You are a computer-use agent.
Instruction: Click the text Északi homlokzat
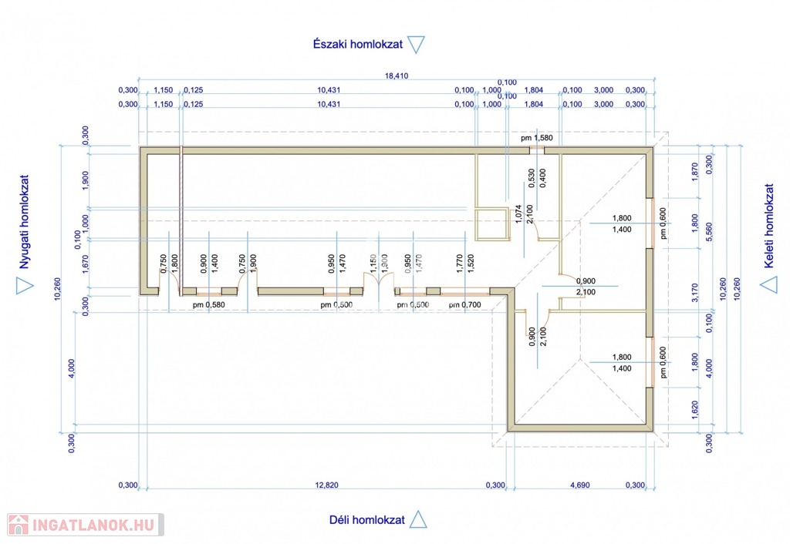pos(358,45)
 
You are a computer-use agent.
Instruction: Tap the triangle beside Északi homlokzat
pos(416,45)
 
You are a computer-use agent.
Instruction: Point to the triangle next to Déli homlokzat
pos(418,519)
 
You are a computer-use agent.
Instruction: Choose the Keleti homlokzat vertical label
pos(768,221)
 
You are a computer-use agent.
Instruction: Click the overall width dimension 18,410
pos(395,76)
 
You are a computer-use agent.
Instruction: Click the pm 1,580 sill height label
pos(537,138)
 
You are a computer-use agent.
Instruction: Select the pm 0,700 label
pos(464,305)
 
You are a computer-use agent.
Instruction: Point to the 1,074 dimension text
pos(518,213)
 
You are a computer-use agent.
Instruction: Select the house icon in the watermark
pos(19,526)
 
